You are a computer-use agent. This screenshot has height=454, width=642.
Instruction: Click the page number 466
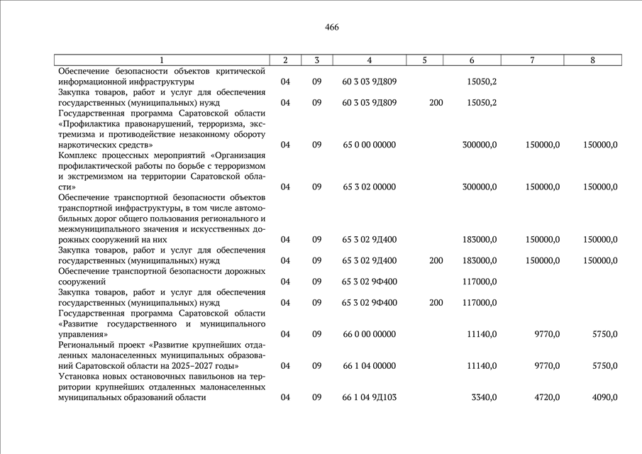coord(332,28)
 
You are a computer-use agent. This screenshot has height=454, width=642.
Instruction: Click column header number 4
coord(370,60)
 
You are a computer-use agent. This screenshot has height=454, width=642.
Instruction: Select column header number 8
coord(592,60)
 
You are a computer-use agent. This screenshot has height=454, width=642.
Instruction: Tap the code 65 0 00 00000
coord(369,145)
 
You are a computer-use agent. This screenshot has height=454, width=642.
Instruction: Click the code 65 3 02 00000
coord(369,187)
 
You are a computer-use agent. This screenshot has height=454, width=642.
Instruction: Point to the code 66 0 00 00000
coord(369,333)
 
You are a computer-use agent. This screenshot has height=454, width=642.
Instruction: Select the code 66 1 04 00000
coord(369,365)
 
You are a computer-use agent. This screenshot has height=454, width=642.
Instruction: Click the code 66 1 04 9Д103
coord(369,397)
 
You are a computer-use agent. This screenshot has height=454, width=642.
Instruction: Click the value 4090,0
coord(604,397)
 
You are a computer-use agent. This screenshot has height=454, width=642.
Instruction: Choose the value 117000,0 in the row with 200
coord(479,303)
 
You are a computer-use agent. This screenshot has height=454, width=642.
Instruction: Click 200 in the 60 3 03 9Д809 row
coord(436,103)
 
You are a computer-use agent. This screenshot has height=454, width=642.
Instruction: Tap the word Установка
coord(80,377)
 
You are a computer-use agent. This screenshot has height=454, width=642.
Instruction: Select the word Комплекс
coord(79,155)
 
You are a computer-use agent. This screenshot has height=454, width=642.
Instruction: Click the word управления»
coord(83,333)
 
